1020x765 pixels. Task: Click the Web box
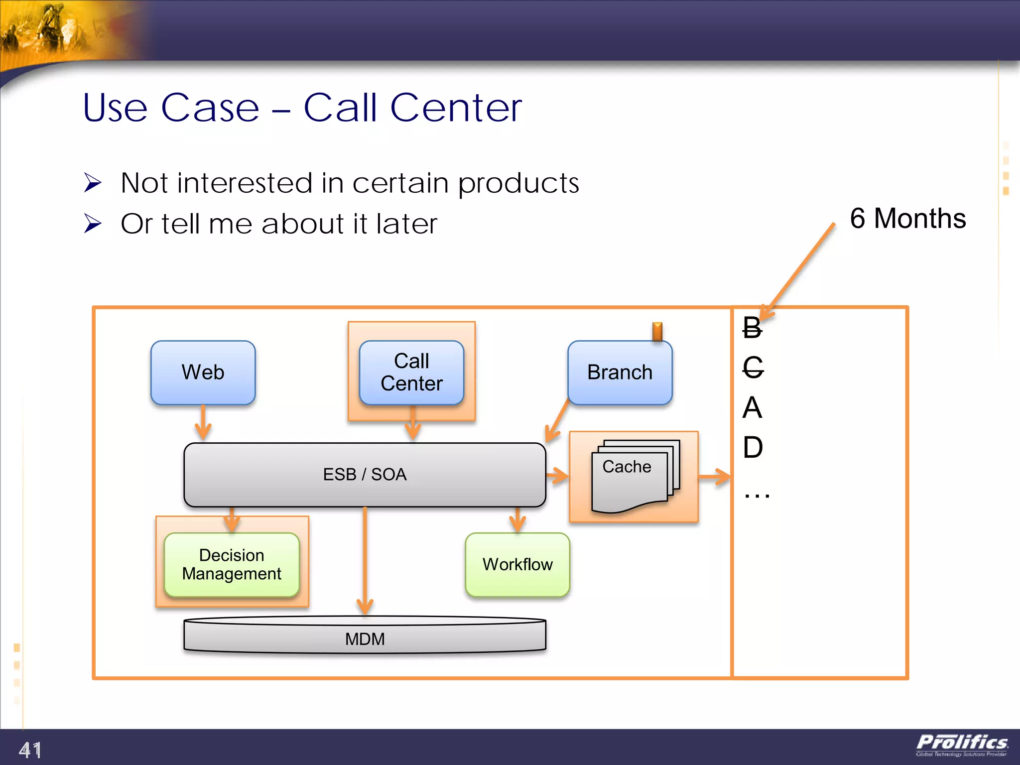203,372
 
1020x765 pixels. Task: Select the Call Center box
411,372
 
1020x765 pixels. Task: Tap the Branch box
620,372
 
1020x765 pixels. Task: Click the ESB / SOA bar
365,474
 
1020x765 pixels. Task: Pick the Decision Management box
232,564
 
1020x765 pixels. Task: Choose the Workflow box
517,564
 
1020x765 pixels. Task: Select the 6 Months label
907,218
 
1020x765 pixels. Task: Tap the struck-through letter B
752,328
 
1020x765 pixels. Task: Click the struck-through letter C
753,368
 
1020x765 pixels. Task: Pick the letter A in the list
752,407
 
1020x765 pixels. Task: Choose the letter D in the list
753,447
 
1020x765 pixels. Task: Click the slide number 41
30,750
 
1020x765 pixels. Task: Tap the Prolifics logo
962,745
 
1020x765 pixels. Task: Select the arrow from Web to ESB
203,423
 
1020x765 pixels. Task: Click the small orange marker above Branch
657,331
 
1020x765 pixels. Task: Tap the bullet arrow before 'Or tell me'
93,223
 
